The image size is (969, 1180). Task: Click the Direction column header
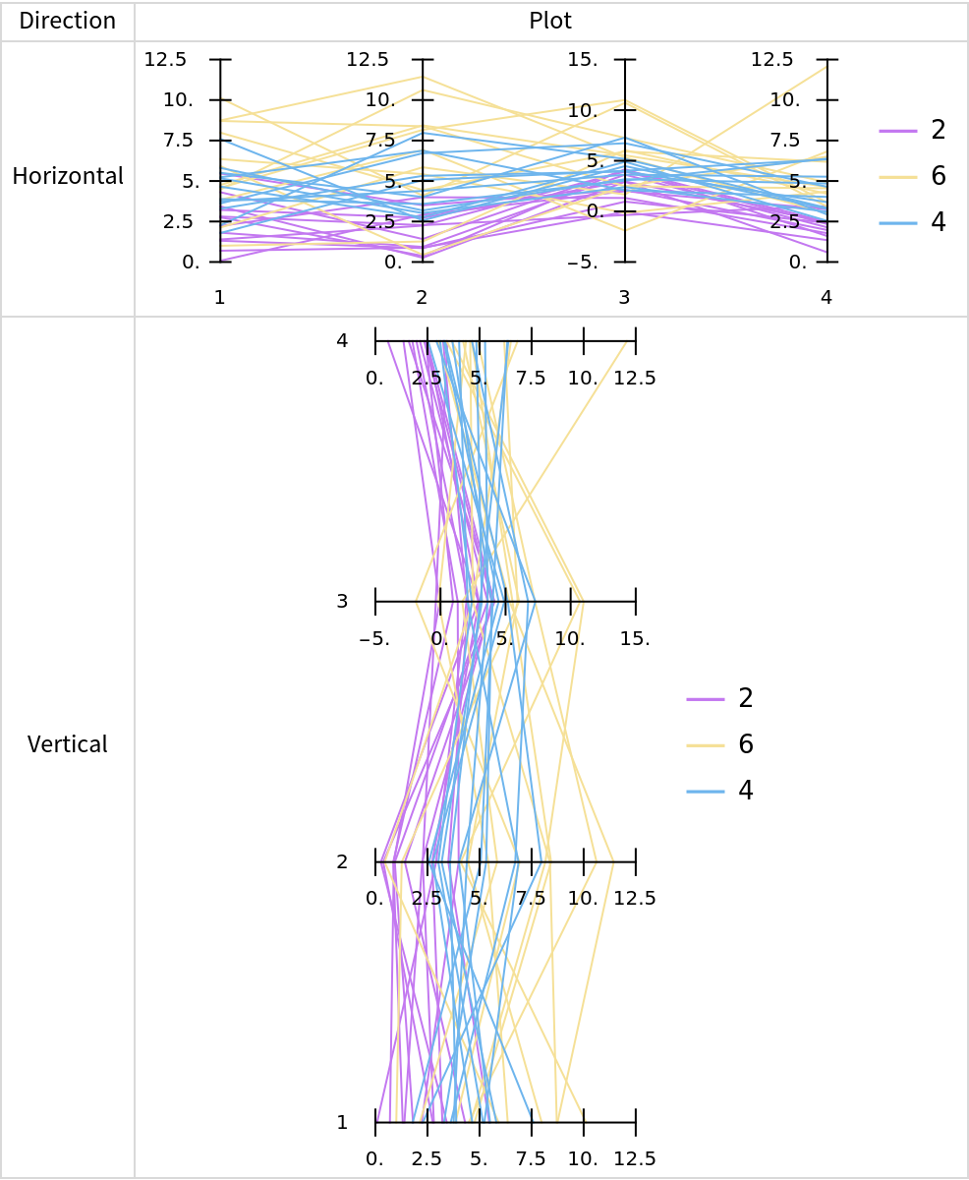click(67, 21)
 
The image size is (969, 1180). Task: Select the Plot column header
click(550, 21)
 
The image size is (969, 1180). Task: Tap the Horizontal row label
click(67, 176)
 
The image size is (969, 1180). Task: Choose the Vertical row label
click(67, 744)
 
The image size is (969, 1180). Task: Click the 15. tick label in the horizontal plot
click(584, 60)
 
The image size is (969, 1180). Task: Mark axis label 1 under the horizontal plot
click(220, 297)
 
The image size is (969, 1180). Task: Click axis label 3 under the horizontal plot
click(624, 297)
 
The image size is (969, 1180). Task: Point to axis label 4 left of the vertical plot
click(342, 341)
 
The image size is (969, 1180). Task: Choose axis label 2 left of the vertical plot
click(342, 862)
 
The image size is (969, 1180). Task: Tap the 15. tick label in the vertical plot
click(635, 638)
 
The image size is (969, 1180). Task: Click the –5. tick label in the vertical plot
click(374, 638)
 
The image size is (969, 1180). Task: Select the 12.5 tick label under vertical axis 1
click(635, 1158)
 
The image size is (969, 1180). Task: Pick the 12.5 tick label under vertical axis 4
click(635, 378)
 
